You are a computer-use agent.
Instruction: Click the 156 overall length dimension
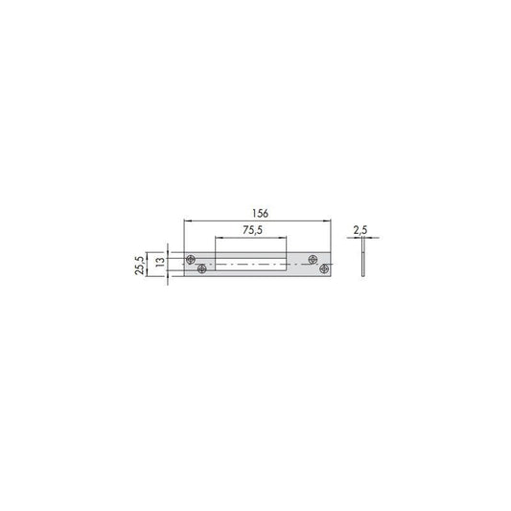[260, 214]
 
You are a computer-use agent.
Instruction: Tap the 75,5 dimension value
[252, 230]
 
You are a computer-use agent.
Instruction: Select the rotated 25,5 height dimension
[139, 265]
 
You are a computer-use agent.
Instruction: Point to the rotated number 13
[160, 262]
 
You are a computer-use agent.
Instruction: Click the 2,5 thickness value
[360, 230]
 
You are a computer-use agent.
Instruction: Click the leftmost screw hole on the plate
[191, 260]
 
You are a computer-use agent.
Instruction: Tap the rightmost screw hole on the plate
[324, 268]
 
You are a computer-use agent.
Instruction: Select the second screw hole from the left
[202, 268]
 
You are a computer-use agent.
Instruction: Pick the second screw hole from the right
[314, 260]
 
